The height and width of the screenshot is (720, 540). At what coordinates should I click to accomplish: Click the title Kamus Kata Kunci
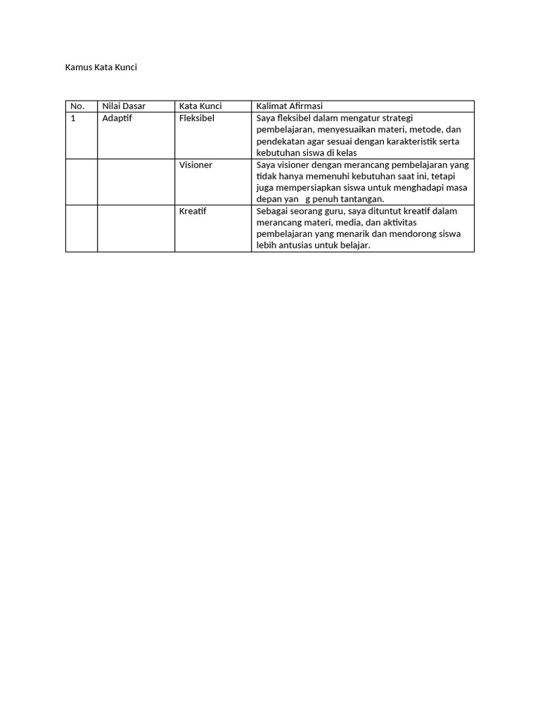pyautogui.click(x=101, y=67)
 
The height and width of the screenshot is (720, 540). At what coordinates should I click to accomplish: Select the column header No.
pyautogui.click(x=77, y=106)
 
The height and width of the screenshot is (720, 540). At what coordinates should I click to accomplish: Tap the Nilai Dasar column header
pyautogui.click(x=124, y=106)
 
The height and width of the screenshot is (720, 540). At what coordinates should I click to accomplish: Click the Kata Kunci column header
pyautogui.click(x=200, y=106)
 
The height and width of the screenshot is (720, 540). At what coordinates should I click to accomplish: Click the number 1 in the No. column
pyautogui.click(x=73, y=118)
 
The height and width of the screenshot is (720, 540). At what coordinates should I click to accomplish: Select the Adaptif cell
pyautogui.click(x=117, y=118)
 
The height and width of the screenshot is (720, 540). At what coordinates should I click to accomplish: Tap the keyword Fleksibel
pyautogui.click(x=197, y=118)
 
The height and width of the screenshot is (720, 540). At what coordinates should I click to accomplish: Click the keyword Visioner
pyautogui.click(x=195, y=165)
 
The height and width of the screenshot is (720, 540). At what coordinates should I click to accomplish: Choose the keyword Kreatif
pyautogui.click(x=193, y=211)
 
